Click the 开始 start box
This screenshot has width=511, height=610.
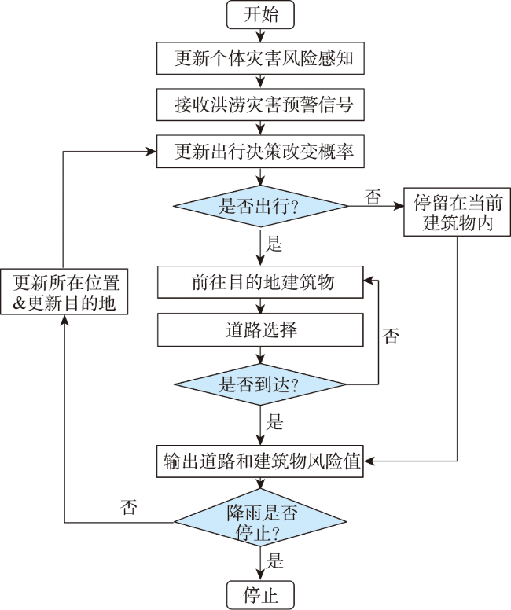pyautogui.click(x=260, y=15)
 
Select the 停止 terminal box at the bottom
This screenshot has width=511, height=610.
pyautogui.click(x=260, y=595)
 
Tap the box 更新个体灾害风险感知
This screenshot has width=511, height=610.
pyautogui.click(x=260, y=58)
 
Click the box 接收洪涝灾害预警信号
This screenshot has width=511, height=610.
pyautogui.click(x=260, y=105)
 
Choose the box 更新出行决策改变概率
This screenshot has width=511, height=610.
pyautogui.click(x=260, y=152)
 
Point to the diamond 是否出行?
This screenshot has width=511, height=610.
pyautogui.click(x=260, y=206)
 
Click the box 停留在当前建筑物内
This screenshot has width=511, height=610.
pyautogui.click(x=457, y=212)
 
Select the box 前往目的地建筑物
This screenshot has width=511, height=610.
pyautogui.click(x=260, y=282)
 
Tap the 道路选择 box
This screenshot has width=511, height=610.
pyautogui.click(x=260, y=330)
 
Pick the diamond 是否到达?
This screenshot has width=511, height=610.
pyautogui.click(x=260, y=384)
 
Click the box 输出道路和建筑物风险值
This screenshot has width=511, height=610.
pyautogui.click(x=260, y=461)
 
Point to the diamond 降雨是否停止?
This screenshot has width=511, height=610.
pyautogui.click(x=260, y=522)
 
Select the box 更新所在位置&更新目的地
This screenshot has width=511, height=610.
pyautogui.click(x=64, y=292)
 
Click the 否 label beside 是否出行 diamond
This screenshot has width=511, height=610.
pyautogui.click(x=373, y=197)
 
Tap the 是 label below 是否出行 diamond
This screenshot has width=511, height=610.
pyautogui.click(x=274, y=244)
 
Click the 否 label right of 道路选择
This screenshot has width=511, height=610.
pyautogui.click(x=391, y=336)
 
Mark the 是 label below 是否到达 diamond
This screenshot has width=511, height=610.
pyautogui.click(x=274, y=421)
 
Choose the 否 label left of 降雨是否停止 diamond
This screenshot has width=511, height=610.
pyautogui.click(x=129, y=507)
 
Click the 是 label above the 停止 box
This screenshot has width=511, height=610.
pyautogui.click(x=274, y=560)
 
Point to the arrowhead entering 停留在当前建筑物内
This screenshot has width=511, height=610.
pyautogui.click(x=399, y=206)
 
